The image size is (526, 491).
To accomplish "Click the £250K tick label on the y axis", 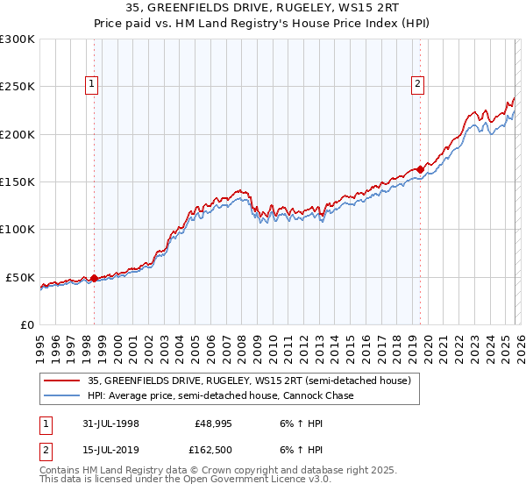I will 18,87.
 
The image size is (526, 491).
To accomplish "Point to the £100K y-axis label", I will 18,229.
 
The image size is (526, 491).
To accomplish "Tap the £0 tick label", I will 26,324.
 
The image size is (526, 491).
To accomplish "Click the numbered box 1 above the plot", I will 92,84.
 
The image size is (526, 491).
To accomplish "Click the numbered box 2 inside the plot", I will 417,84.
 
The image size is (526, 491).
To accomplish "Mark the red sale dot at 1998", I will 94,278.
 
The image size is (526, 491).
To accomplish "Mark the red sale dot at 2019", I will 420,170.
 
